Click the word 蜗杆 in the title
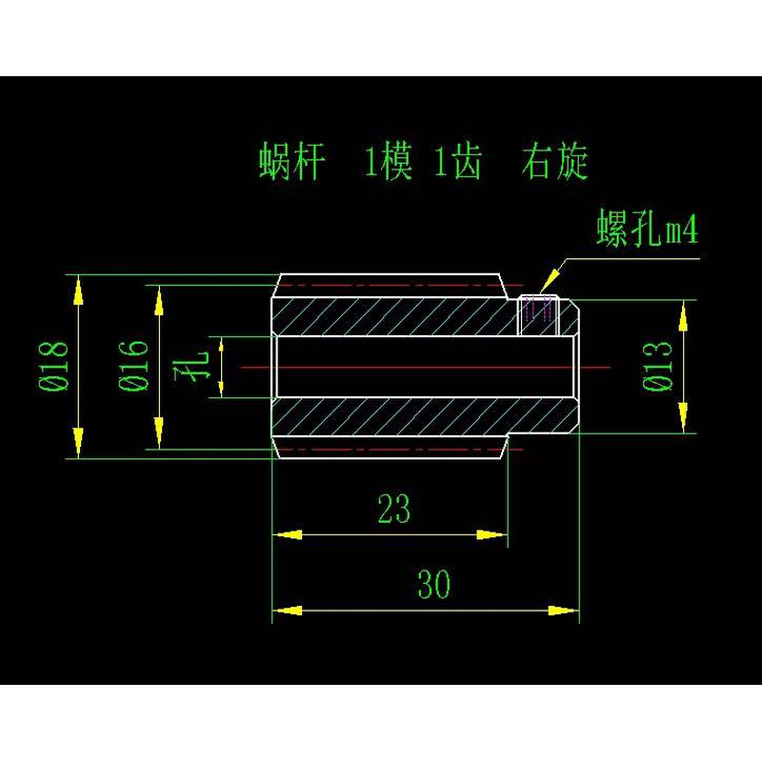coord(291,162)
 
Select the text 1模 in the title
coord(388,163)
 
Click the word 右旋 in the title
coord(554,162)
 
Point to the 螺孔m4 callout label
coord(648,230)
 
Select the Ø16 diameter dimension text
coord(134,366)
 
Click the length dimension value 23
coord(393,509)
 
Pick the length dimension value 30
coord(433,584)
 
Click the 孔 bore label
coord(196,366)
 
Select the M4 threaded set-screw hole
coord(538,314)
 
